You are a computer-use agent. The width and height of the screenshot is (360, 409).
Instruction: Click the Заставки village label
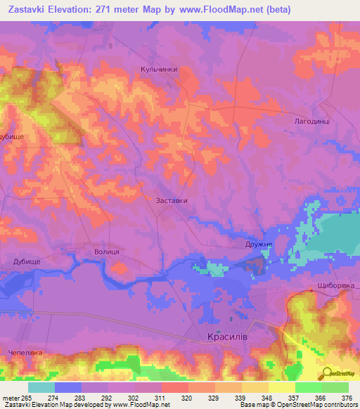172,200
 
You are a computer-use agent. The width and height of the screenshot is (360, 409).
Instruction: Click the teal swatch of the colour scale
41,387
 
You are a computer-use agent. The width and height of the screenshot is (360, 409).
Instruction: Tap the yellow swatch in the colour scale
281,387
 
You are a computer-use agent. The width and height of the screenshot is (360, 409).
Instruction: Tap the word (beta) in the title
276,10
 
